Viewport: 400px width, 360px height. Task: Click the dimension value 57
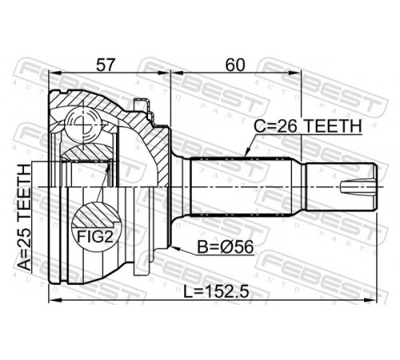pyautogui.click(x=105, y=65)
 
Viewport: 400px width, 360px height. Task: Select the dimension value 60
pyautogui.click(x=235, y=65)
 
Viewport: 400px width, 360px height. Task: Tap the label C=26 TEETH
pyautogui.click(x=308, y=126)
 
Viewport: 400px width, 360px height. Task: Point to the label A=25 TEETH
pyautogui.click(x=25, y=218)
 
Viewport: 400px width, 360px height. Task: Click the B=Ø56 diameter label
pyautogui.click(x=226, y=247)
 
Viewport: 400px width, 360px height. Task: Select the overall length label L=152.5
pyautogui.click(x=217, y=292)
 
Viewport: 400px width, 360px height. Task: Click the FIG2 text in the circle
pyautogui.click(x=95, y=236)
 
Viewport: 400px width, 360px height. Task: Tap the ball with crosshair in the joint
pyautogui.click(x=83, y=123)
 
